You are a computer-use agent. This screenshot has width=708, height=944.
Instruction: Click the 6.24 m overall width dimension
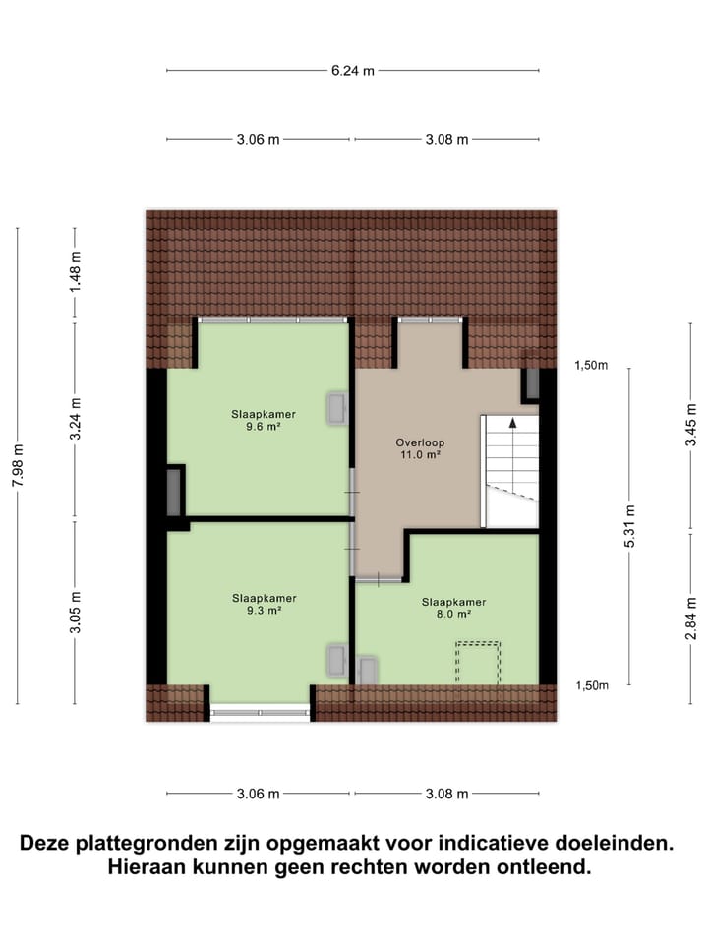coord(353,70)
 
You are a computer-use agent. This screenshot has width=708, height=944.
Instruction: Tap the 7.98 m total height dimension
coord(18,465)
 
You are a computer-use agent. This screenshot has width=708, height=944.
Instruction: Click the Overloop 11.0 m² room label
coord(417,448)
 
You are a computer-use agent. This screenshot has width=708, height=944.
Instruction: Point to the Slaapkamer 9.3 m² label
coord(264,604)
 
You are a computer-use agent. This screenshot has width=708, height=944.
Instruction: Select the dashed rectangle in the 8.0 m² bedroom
coord(477,662)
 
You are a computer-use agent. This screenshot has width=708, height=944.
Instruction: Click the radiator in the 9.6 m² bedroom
coord(338,408)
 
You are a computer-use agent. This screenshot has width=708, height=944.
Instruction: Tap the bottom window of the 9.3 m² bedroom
coord(261,709)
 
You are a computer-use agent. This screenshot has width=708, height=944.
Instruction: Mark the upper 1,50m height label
coord(591,366)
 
